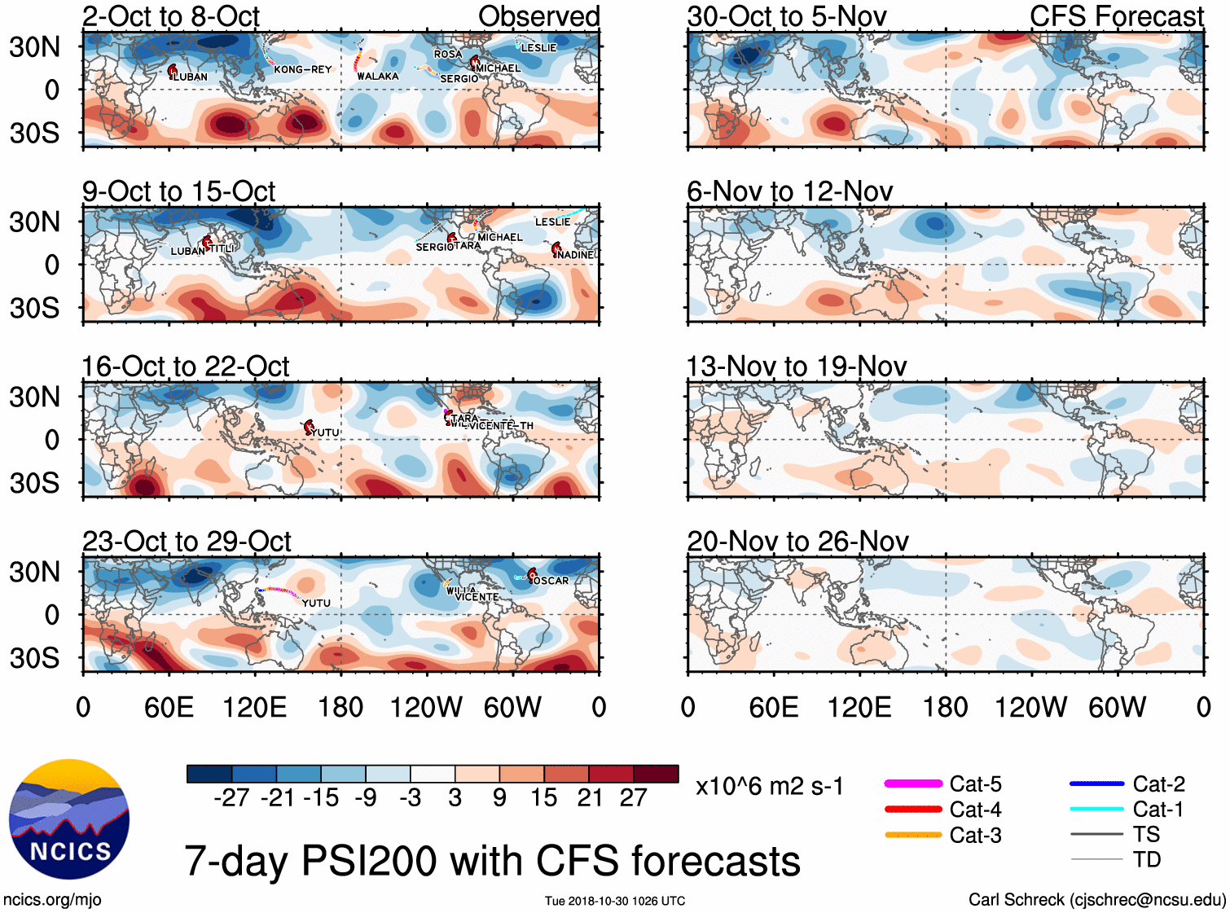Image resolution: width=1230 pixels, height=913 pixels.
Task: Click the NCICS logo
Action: (69, 819)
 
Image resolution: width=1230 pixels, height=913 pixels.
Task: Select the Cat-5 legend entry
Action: (975, 784)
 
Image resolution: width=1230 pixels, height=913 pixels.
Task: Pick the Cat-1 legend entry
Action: (1158, 810)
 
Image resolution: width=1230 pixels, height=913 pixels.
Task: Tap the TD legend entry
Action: (1146, 860)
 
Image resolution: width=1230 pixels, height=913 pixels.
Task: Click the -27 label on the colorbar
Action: (231, 798)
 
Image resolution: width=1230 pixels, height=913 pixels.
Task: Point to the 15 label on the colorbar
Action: (543, 798)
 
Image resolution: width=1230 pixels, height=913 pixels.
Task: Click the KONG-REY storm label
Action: (303, 69)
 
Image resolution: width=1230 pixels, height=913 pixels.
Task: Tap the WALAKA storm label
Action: (378, 77)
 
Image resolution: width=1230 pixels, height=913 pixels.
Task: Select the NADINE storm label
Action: (577, 255)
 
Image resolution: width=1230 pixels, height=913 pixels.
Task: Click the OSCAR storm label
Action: (551, 581)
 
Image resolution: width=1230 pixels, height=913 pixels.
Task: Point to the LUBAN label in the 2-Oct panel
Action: (191, 77)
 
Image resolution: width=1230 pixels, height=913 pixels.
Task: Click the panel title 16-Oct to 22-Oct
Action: (186, 367)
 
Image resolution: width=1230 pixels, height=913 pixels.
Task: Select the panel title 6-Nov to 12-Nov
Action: (789, 191)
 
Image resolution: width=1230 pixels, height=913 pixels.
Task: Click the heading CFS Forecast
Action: (1116, 16)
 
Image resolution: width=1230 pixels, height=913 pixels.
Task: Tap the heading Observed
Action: (538, 16)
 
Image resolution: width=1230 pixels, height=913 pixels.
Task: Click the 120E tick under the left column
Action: (255, 707)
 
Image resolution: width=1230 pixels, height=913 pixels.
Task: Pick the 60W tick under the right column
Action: (1117, 707)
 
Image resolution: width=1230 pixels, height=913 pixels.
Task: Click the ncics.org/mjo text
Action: (52, 900)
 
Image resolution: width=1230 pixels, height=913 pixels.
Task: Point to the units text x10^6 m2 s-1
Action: (769, 787)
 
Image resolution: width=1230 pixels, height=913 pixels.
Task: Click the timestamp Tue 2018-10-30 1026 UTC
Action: (615, 901)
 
